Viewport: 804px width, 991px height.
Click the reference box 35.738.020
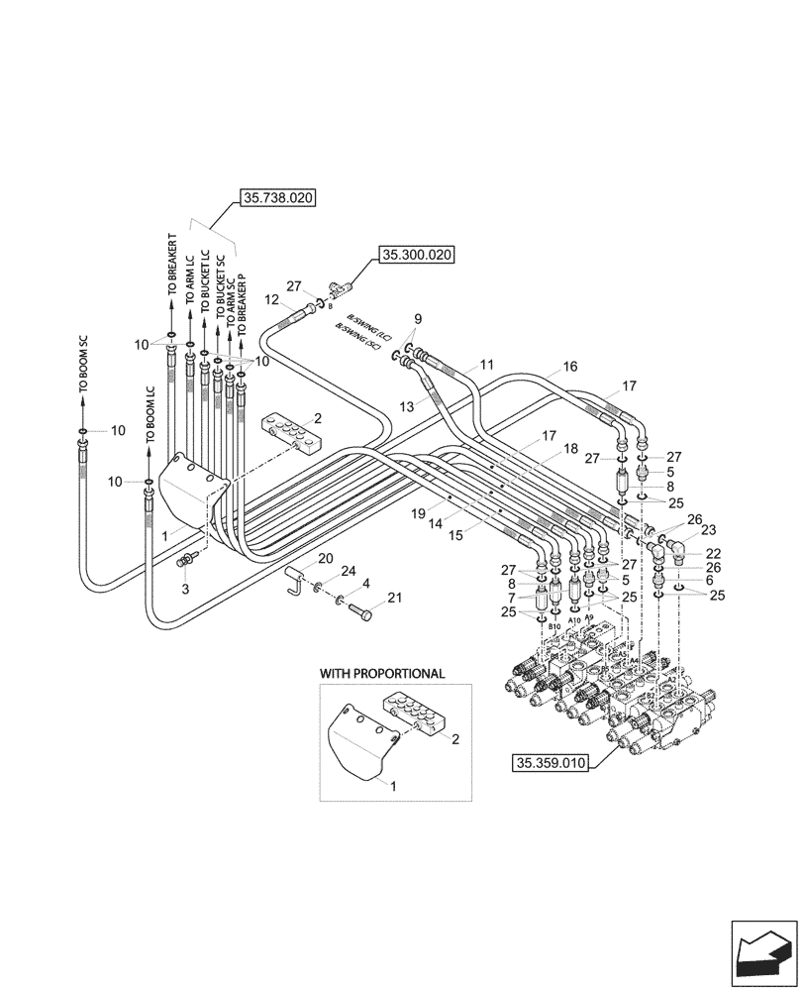tap(276, 198)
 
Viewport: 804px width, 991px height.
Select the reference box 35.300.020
tap(415, 256)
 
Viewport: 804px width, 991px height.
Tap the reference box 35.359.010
tap(551, 763)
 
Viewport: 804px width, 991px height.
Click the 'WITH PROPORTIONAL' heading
tap(381, 673)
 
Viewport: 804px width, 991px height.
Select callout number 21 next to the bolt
tap(395, 598)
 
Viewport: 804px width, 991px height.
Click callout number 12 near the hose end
tap(271, 299)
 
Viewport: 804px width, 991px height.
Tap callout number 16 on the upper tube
tap(570, 367)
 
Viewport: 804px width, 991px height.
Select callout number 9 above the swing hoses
tap(418, 319)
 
